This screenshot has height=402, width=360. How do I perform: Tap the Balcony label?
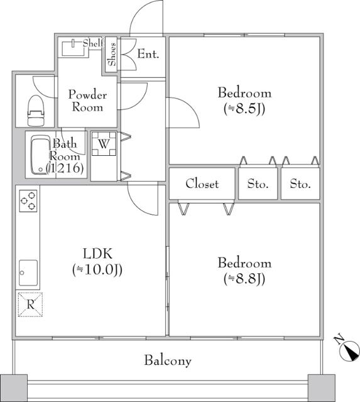168,361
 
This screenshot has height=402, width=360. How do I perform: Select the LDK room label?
97,254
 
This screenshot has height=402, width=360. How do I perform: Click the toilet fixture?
36,112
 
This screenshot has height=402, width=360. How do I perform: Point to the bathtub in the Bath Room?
41,155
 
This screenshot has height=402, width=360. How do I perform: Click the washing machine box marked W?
104,143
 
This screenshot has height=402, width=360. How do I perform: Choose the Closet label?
202,184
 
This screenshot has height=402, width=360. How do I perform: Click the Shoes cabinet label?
112,55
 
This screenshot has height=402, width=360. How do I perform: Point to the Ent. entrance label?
148,55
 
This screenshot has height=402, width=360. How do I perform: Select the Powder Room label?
87,100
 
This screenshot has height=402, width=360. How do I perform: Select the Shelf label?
92,43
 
